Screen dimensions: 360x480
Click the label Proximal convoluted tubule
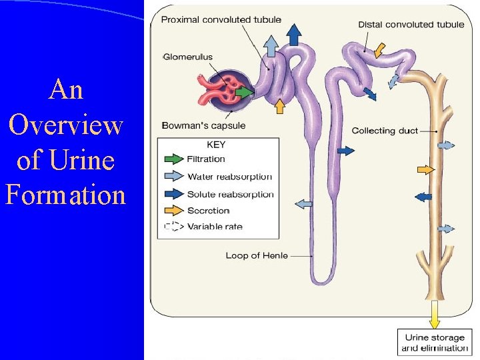(221, 20)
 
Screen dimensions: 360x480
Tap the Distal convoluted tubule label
(411, 25)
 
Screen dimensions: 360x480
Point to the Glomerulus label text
(187, 57)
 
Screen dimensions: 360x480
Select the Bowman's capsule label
(203, 125)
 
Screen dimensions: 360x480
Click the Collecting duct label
(385, 131)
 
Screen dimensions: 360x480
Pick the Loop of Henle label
(257, 255)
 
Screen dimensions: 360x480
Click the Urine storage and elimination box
(434, 343)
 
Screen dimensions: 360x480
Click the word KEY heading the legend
(216, 145)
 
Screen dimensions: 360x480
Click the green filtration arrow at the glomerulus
(245, 92)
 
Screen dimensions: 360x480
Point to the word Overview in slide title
(65, 125)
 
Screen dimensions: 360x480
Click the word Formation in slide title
(65, 195)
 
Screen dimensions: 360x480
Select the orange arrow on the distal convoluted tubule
(378, 50)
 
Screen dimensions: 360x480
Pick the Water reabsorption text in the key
(229, 177)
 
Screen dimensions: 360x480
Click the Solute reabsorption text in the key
(230, 194)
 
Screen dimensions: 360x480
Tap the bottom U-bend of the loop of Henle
(323, 278)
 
